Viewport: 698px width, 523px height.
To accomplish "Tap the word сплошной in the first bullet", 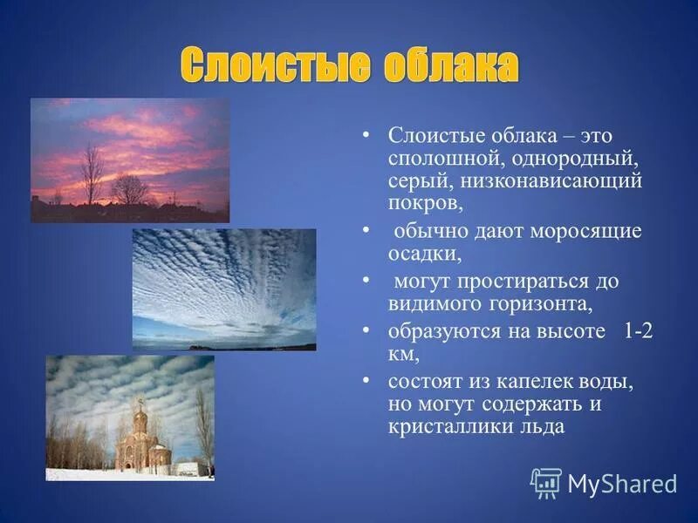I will tap(442, 160).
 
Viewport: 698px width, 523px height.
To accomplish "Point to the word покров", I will tap(423, 205).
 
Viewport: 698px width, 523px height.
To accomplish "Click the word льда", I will tap(541, 428).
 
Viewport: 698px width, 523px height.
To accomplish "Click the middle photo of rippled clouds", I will tap(224, 289).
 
